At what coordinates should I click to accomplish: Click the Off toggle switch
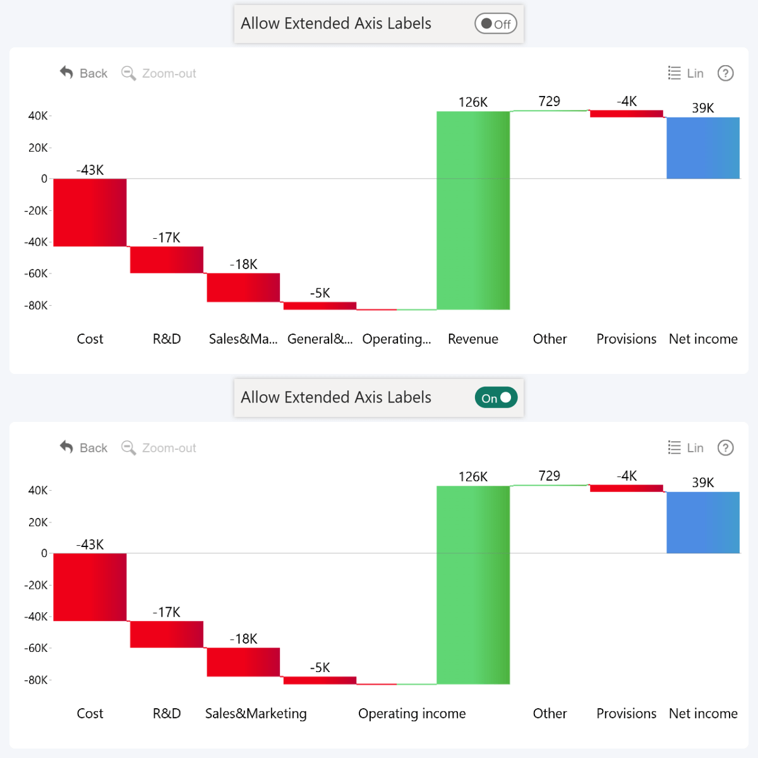(496, 24)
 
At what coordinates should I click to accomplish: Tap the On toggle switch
(496, 398)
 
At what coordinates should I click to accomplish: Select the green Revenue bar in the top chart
(473, 210)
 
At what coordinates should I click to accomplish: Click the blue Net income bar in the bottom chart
(703, 522)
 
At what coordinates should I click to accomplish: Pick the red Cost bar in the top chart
(90, 212)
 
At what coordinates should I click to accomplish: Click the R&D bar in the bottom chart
(167, 634)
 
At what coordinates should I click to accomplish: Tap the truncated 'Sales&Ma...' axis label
(243, 339)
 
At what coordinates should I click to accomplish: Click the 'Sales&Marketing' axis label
(256, 714)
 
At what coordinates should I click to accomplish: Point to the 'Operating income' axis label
(412, 714)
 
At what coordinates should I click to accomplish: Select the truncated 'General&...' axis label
(320, 339)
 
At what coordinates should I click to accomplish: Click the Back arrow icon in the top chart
(66, 73)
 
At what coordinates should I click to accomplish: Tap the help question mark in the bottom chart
(726, 448)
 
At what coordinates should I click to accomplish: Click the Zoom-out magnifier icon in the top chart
(128, 73)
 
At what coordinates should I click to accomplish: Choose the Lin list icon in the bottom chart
(675, 448)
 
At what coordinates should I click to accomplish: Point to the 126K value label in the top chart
(473, 102)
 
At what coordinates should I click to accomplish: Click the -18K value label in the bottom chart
(243, 639)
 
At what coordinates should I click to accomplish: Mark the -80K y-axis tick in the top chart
(36, 306)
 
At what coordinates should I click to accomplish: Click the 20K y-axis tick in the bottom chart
(38, 522)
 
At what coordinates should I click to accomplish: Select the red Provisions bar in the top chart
(627, 114)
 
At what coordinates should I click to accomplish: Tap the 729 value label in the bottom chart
(550, 476)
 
